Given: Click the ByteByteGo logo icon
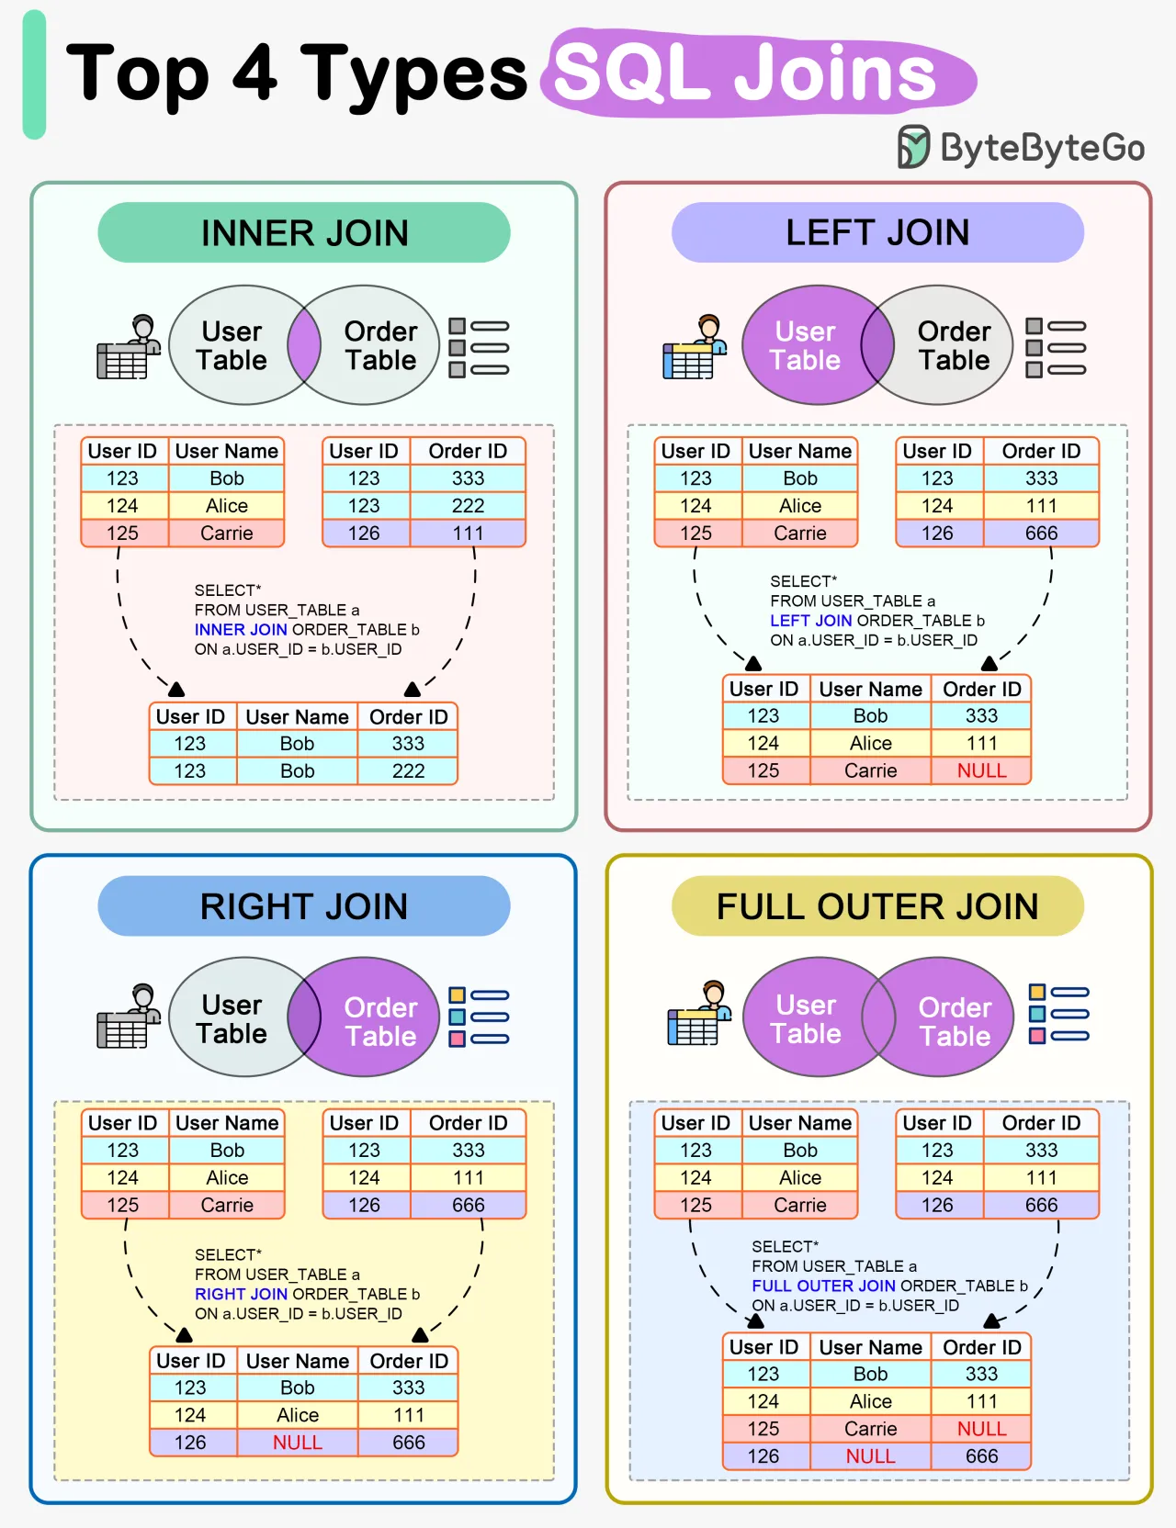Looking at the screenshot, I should click(x=913, y=147).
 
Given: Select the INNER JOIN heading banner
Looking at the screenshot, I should click(x=304, y=233).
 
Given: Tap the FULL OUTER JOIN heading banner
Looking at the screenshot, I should click(x=877, y=906).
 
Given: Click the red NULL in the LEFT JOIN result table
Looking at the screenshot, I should click(x=981, y=770).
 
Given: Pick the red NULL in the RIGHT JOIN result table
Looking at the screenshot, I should click(x=298, y=1443).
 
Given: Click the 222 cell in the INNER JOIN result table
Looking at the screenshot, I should click(x=408, y=770).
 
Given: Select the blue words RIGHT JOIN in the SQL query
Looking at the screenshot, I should click(x=241, y=1294).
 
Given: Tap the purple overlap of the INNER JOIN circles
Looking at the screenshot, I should click(x=304, y=345).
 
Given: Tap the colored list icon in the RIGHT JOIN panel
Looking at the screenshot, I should click(x=478, y=1017).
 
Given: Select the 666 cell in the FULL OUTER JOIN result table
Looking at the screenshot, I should click(x=981, y=1456).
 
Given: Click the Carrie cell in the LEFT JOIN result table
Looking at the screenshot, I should click(x=870, y=770).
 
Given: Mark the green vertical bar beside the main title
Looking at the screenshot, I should click(x=34, y=75).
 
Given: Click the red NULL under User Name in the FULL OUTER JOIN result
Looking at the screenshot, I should click(x=870, y=1456).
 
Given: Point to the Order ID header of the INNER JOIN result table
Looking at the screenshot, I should click(x=408, y=716).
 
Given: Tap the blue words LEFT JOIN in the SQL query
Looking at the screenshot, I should click(x=810, y=621).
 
